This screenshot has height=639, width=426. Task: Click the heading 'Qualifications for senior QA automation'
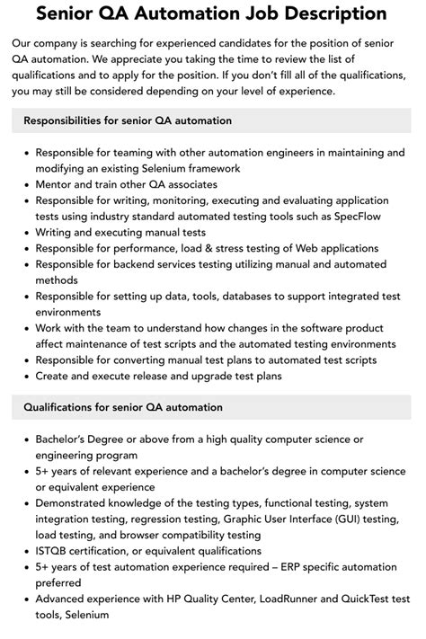(123, 407)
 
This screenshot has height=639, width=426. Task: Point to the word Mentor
(57, 183)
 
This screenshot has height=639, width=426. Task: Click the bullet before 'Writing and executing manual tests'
(23, 232)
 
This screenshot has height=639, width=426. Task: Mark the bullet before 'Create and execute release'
(23, 376)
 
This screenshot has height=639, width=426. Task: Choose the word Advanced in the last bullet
(65, 599)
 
